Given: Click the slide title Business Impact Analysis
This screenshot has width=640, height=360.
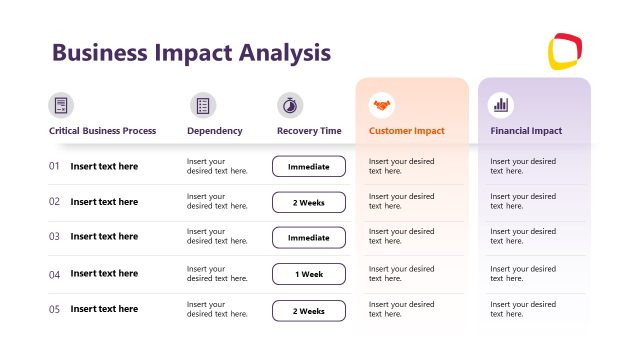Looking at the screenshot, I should point(191,52).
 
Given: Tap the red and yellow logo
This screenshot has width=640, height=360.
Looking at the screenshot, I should point(565,52).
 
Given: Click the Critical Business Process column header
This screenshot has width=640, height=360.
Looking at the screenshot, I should point(102,131).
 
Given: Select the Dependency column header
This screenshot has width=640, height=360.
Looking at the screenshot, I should point(214,131).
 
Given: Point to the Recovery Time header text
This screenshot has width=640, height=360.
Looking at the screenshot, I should point(309,131).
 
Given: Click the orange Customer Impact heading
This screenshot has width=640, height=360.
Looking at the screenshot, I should point(406,131).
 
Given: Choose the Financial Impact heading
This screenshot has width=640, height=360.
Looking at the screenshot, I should point(526,131).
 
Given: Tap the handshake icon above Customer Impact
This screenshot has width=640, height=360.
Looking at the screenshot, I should point(381,105).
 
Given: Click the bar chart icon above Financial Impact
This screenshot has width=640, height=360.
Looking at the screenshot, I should point(501,105).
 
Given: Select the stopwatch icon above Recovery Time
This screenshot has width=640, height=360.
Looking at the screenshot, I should point(290,105).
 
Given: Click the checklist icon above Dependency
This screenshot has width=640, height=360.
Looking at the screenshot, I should point(203,105).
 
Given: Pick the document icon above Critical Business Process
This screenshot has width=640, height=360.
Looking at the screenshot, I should point(61,105).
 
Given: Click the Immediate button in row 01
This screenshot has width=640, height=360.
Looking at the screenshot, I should point(309,166).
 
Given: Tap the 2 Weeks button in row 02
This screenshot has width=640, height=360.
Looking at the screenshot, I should point(309,202).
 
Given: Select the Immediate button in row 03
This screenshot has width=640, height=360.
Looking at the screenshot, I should point(309,238).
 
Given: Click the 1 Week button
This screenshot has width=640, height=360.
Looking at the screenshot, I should point(309,274).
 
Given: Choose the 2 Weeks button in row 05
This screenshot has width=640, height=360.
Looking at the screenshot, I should point(309,310).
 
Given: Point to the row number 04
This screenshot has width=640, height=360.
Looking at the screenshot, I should point(55,274).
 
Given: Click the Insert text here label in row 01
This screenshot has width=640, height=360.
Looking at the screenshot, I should point(104,166).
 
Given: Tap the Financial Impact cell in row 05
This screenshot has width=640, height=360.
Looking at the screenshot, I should point(523,309).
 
